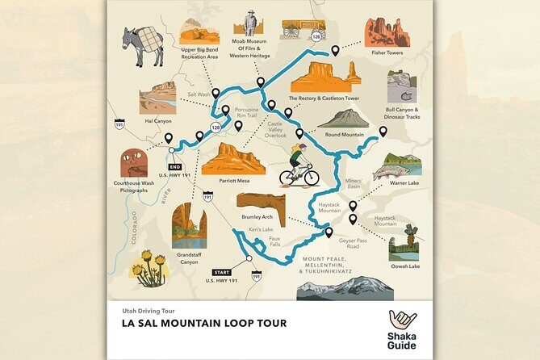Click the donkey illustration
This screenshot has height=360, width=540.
[x=141, y=48]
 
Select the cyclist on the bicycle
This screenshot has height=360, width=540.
[x=299, y=166]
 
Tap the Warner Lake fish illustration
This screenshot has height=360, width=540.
[x=403, y=166]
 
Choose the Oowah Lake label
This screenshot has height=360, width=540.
[x=404, y=266]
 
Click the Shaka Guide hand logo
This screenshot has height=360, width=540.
[x=401, y=320]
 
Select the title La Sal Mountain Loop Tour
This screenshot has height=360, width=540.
[x=199, y=324]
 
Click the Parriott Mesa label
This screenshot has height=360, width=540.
[x=235, y=181]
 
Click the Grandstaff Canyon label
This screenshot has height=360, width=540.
[x=189, y=258]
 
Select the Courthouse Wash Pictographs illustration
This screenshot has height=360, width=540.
[x=134, y=163]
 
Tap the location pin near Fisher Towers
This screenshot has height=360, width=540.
[x=335, y=50]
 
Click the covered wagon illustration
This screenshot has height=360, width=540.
[x=303, y=29]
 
